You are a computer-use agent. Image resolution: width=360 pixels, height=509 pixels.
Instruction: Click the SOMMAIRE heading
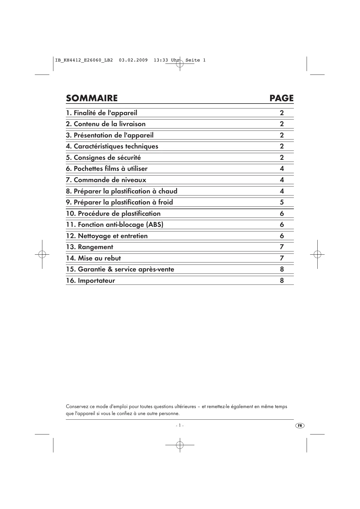click(92, 98)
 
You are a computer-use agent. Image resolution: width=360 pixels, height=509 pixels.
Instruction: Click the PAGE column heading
click(281, 98)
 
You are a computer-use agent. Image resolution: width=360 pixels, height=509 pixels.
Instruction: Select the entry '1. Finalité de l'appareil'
click(102, 113)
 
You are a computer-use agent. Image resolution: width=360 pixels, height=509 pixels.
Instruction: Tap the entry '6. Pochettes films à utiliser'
click(107, 169)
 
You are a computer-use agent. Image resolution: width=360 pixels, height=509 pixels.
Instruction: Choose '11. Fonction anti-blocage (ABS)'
click(115, 225)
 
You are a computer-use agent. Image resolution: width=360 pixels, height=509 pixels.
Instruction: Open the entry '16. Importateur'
click(91, 281)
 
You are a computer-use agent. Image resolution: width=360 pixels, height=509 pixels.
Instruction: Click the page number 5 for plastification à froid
click(282, 202)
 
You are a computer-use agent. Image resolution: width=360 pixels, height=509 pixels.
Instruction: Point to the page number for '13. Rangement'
click(282, 247)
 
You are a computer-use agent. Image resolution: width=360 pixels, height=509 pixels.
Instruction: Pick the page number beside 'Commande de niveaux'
click(282, 180)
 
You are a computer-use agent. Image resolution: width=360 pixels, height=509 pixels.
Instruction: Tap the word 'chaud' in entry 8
click(168, 191)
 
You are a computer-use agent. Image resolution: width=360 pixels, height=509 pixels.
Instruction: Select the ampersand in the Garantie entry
click(110, 269)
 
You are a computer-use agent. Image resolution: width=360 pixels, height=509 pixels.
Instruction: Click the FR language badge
click(300, 425)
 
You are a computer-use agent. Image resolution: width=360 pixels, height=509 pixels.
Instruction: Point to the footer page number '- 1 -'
click(180, 425)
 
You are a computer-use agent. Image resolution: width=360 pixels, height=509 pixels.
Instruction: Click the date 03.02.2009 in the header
click(133, 60)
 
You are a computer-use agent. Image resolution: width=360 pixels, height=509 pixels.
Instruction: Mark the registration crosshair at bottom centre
click(180, 445)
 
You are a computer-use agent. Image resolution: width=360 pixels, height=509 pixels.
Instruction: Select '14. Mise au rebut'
click(93, 258)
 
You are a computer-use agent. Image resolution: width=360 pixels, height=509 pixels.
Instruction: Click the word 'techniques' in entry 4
click(142, 146)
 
